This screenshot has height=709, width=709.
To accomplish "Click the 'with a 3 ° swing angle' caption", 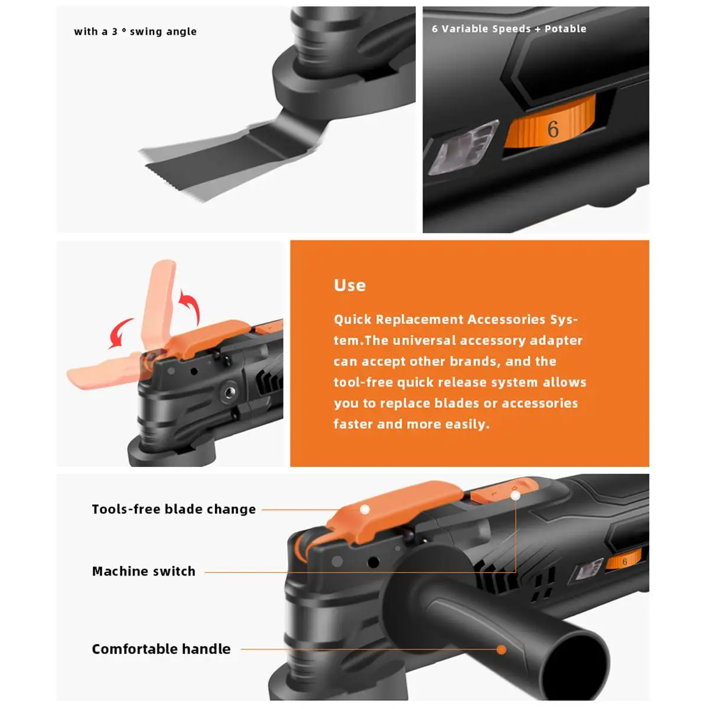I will pyautogui.click(x=135, y=32).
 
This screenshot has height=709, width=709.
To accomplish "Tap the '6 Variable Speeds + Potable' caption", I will pyautogui.click(x=509, y=29).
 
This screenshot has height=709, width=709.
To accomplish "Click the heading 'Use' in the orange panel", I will pyautogui.click(x=350, y=285).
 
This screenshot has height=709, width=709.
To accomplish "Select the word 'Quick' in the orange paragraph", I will pyautogui.click(x=353, y=320).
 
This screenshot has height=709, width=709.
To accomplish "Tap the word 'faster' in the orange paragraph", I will pyautogui.click(x=353, y=424).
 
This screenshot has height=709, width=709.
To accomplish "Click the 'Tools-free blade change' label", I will pyautogui.click(x=174, y=509).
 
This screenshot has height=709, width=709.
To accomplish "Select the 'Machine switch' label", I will pyautogui.click(x=144, y=571).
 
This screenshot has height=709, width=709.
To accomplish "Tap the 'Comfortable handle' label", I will pyautogui.click(x=161, y=649).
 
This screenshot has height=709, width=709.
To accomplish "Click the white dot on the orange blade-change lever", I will pyautogui.click(x=365, y=509).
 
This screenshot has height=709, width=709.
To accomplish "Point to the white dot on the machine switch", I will pyautogui.click(x=516, y=496).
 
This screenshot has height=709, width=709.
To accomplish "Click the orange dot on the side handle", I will pyautogui.click(x=502, y=649).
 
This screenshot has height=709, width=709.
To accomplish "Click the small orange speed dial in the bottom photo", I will pyautogui.click(x=624, y=560).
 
